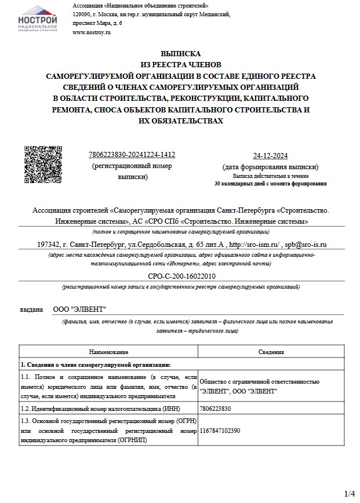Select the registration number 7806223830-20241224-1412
[x=132, y=155]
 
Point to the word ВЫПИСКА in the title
[x=180, y=53]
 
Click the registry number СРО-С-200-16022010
[x=181, y=276]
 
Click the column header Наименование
[x=108, y=352]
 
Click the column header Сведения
[x=270, y=352]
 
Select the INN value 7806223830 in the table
[x=215, y=409]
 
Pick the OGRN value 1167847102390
[x=219, y=431]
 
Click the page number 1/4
[x=349, y=494]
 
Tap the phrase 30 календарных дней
[x=238, y=183]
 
